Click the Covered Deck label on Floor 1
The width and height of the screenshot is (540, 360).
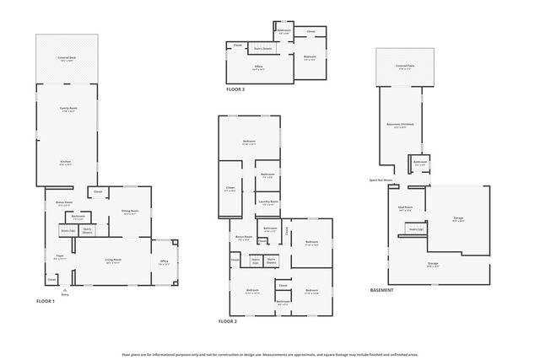(66, 58)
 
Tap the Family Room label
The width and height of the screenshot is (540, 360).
(66, 109)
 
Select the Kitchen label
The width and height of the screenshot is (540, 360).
(66, 161)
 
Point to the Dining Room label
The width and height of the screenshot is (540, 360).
(130, 211)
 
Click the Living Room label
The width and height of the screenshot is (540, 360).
(114, 260)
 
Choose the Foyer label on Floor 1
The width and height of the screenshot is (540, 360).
(60, 257)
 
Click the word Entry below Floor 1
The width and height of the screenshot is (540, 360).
(65, 294)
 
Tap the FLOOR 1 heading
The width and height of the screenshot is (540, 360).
(46, 301)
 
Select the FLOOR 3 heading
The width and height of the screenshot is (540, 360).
(235, 89)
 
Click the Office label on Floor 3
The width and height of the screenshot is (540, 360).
(259, 66)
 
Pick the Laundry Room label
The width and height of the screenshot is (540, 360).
(269, 202)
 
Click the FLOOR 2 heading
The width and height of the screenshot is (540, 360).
(228, 321)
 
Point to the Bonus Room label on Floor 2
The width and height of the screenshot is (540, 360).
(244, 237)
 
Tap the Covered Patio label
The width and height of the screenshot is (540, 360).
(405, 65)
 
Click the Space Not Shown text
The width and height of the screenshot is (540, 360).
(381, 180)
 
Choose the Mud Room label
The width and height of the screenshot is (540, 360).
(405, 207)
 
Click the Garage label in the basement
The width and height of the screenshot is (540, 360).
(458, 218)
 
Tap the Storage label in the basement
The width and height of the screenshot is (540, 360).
(432, 264)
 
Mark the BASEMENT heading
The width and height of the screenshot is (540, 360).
(382, 290)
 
